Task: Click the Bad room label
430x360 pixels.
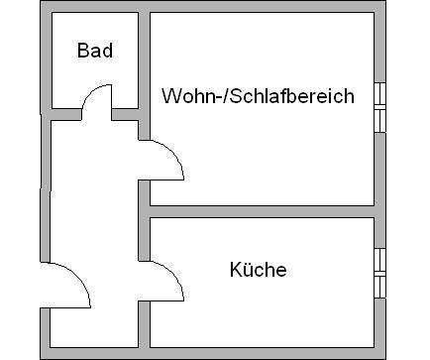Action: tap(94, 51)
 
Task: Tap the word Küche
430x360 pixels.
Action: tap(258, 269)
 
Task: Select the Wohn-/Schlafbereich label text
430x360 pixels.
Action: tap(257, 96)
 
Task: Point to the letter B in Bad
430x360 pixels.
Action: tap(83, 51)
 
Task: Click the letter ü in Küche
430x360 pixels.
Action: tap(248, 269)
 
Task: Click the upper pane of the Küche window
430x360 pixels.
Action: tap(380, 259)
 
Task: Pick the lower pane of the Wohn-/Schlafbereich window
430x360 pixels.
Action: tap(380, 120)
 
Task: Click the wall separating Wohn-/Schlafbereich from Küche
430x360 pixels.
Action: tap(263, 211)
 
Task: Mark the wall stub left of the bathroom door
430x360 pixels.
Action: tap(62, 112)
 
